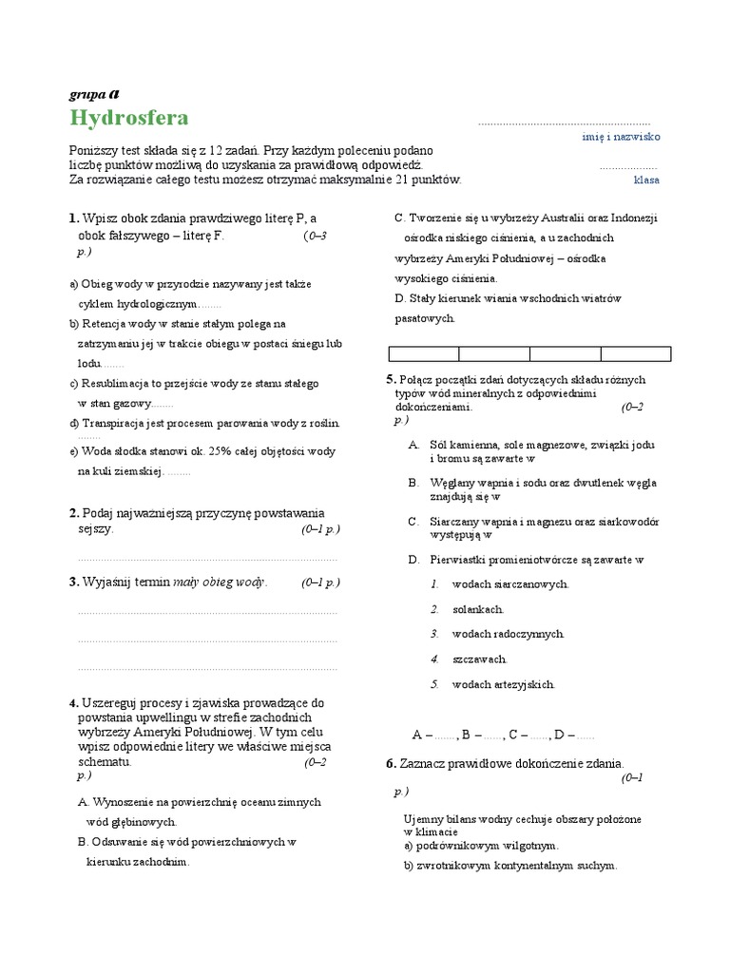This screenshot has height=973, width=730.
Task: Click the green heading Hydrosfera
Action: pyautogui.click(x=129, y=118)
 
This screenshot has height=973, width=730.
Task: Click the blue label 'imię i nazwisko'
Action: pyautogui.click(x=621, y=137)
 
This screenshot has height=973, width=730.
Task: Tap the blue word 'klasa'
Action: pyautogui.click(x=646, y=180)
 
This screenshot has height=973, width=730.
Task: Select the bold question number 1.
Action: pyautogui.click(x=72, y=219)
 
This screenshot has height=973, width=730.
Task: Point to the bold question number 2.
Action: pyautogui.click(x=72, y=513)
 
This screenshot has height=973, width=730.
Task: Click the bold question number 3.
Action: pyautogui.click(x=72, y=582)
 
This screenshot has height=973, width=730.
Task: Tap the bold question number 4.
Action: pyautogui.click(x=72, y=703)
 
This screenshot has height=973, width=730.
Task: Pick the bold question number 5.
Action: pyautogui.click(x=390, y=380)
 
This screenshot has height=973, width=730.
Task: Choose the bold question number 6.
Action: pyautogui.click(x=390, y=764)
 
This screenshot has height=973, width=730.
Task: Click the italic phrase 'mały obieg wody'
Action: pyautogui.click(x=219, y=582)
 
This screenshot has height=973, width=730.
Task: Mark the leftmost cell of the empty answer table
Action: pyautogui.click(x=424, y=354)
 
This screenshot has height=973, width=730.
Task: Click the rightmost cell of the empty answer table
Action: pyautogui.click(x=635, y=354)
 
